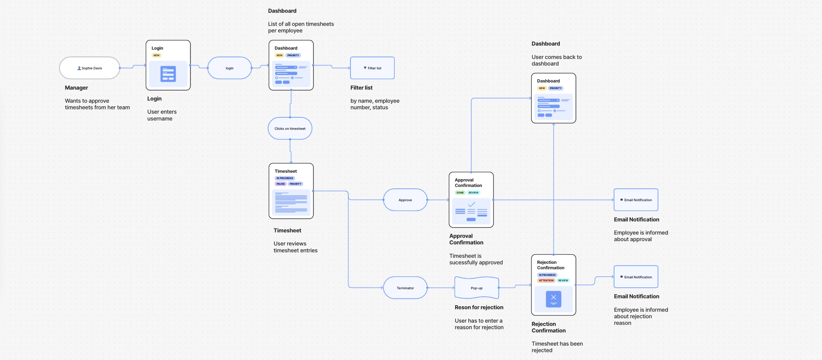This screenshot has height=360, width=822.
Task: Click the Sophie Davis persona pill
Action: tap(90, 68)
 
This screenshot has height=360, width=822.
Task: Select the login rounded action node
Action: tap(229, 68)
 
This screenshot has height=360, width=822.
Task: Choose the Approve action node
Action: tap(405, 200)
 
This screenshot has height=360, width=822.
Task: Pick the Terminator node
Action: tap(405, 288)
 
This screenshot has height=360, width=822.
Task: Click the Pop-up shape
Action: tap(477, 288)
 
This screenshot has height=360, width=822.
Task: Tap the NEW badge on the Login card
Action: tap(156, 55)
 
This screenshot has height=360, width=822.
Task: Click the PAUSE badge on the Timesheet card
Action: tap(280, 184)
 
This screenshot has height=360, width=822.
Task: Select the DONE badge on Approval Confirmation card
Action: tap(460, 193)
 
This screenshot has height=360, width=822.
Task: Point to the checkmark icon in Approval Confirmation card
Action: tap(471, 204)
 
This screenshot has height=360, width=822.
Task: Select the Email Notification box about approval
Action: tap(636, 200)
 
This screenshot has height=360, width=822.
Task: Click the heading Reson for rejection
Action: tap(479, 307)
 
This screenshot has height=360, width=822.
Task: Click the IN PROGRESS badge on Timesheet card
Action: tap(285, 178)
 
